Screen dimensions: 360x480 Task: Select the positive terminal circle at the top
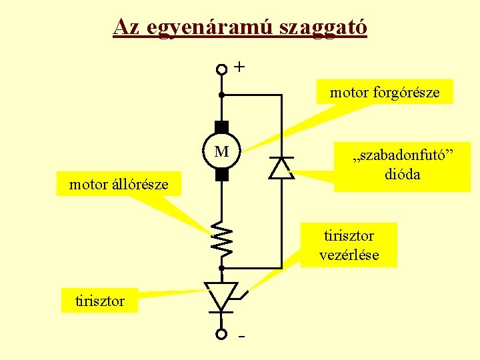(x=222, y=69)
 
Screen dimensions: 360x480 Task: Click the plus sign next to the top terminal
(x=240, y=67)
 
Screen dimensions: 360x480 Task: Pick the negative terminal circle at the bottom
(x=222, y=334)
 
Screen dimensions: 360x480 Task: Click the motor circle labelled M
(x=222, y=152)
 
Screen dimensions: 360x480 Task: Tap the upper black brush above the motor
(x=222, y=127)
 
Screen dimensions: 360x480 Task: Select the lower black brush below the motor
(x=222, y=175)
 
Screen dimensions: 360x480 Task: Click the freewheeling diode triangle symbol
(x=281, y=168)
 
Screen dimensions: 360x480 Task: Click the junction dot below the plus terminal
(x=222, y=95)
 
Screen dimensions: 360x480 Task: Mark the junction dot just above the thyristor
(x=222, y=267)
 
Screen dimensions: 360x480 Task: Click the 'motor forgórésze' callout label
(x=385, y=93)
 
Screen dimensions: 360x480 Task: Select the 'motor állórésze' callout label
(x=119, y=184)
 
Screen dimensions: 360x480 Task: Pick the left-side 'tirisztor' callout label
(x=100, y=301)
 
